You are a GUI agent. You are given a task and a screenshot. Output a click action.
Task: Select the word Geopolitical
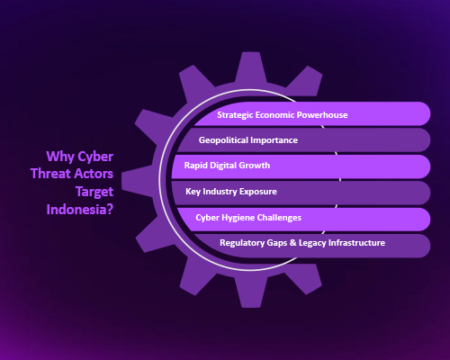tap(223, 140)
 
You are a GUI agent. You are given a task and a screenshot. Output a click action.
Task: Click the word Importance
tap(274, 140)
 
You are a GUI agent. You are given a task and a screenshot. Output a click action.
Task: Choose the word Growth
tap(255, 166)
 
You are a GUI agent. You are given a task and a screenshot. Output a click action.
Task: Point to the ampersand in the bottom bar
tap(293, 243)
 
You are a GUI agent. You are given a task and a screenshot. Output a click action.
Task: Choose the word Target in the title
tap(94, 192)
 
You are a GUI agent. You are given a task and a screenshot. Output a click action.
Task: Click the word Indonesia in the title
tap(76, 210)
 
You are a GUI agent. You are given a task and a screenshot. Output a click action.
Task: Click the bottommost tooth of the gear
tap(250, 292)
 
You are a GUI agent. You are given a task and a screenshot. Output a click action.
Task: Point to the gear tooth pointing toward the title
tap(138, 180)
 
